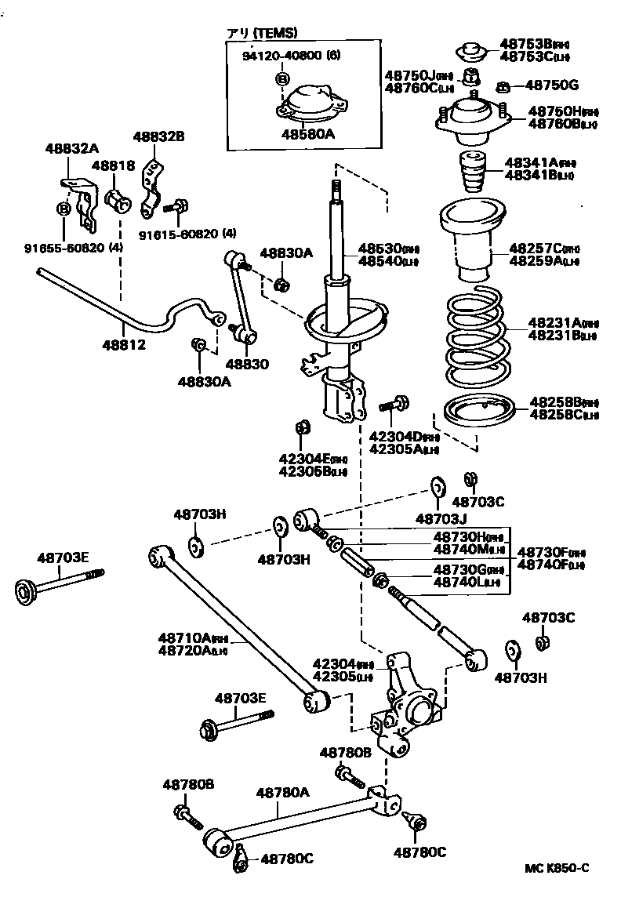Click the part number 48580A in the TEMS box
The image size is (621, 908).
[x=308, y=134]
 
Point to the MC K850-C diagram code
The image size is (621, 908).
[x=557, y=868]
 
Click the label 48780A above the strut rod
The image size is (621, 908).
[x=283, y=793]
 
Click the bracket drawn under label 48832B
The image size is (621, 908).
[x=152, y=189]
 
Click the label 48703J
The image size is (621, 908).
[x=441, y=518]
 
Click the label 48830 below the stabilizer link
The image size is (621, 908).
[x=247, y=364]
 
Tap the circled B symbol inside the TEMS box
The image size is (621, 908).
[x=281, y=79]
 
